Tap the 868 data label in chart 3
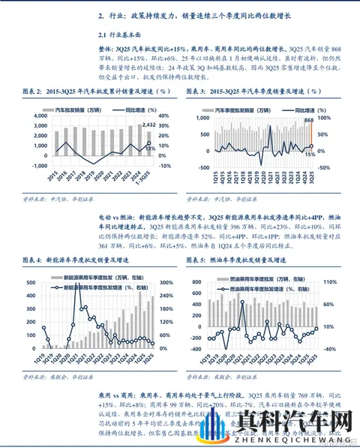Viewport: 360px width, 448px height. (x=309, y=120)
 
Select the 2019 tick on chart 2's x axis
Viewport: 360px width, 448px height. (x=87, y=176)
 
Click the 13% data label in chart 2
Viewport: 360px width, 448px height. (x=149, y=149)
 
